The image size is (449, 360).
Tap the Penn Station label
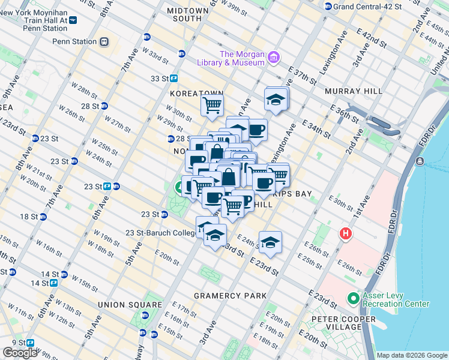[74, 41]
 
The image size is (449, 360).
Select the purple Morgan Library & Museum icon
[274, 58]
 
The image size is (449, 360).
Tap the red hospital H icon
[346, 233]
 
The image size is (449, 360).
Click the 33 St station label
[159, 79]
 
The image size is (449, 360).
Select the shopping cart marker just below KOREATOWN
[212, 106]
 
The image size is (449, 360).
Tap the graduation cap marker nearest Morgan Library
[276, 99]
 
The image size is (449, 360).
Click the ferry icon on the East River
[419, 162]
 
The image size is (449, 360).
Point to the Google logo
[20, 353]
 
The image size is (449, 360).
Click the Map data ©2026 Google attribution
[412, 355]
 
